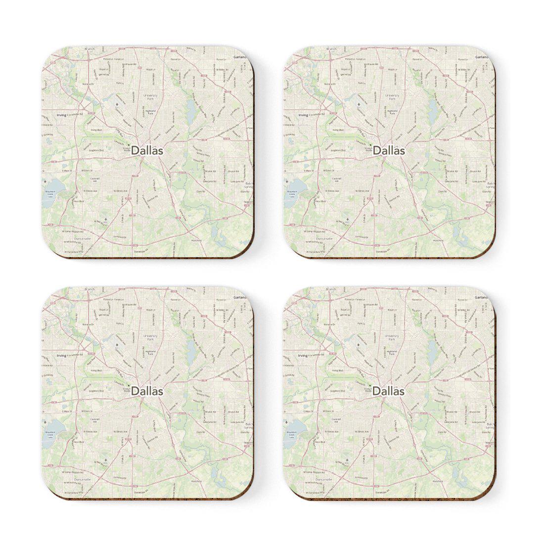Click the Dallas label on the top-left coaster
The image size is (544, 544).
click(x=147, y=151)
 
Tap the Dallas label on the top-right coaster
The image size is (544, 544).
click(x=389, y=151)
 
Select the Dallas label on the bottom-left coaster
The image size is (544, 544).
click(x=147, y=391)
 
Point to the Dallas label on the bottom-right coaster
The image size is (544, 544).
click(x=389, y=391)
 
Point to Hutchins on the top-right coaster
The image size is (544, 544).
click(x=438, y=240)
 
